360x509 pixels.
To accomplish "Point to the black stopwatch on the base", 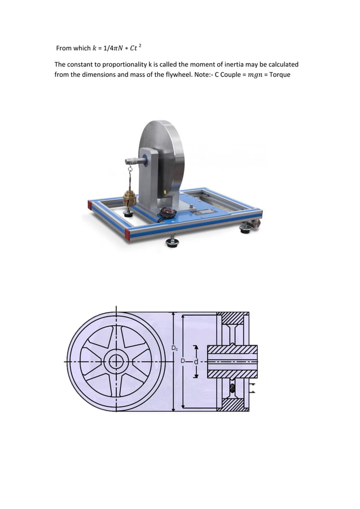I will click(x=167, y=213).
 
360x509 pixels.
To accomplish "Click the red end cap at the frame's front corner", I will click(x=127, y=234).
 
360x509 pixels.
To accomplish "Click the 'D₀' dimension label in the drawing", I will click(x=176, y=348).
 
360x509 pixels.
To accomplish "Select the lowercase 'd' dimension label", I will click(x=196, y=361).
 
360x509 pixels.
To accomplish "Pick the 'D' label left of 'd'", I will click(x=182, y=361).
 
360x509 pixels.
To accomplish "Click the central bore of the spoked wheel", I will click(x=116, y=361).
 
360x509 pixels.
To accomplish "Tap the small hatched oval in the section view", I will click(x=231, y=389).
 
